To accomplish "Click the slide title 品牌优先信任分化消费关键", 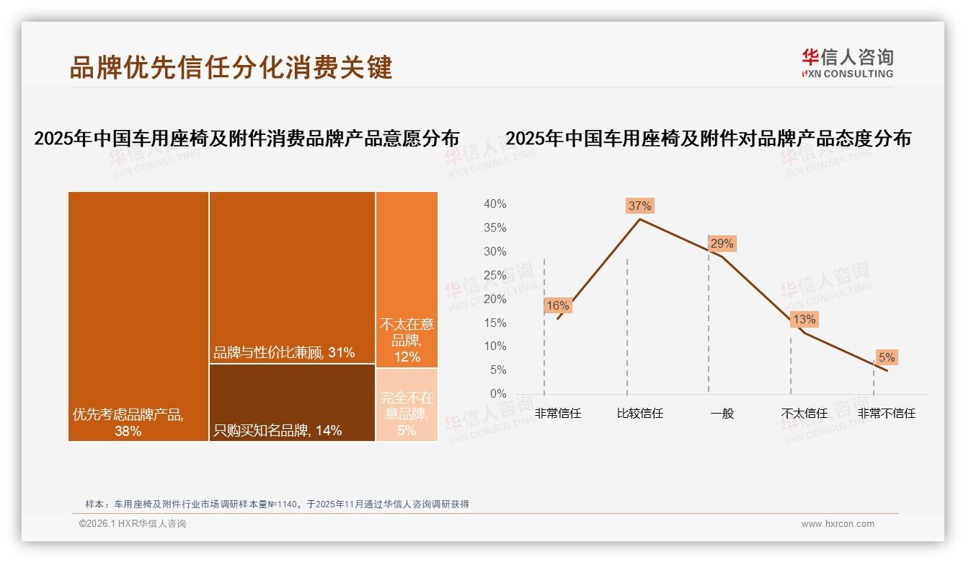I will pos(231,67).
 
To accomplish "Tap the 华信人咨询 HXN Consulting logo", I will pos(847,64).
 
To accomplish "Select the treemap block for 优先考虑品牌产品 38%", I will pos(138,315).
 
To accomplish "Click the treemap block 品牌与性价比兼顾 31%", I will pos(292,277).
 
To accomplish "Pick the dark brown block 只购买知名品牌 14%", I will pos(292,402).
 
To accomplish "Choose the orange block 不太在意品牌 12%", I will pos(407,279).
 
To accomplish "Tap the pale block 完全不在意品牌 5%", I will pos(407,405).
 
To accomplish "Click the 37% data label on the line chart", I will pos(639,206).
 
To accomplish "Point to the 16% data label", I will pos(557,305).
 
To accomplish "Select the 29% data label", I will pos(722,244).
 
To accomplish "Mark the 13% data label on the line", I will pos(804,319).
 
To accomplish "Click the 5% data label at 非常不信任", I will pos(886,357).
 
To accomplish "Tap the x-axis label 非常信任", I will pos(557,414).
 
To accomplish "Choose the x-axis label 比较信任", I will pos(639,414).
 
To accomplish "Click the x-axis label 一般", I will pos(722,414).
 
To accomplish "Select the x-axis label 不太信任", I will pos(804,414).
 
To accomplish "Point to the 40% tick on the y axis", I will pos(495,204).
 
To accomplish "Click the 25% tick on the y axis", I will pos(495,275).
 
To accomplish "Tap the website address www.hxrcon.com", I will pos(838,524).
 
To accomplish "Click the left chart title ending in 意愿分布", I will pos(247,139).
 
